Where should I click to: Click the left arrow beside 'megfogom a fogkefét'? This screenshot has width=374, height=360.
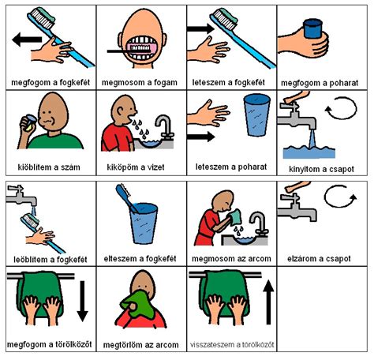27,39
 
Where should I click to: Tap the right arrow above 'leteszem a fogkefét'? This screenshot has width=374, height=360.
201,28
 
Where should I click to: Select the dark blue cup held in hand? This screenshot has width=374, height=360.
312,28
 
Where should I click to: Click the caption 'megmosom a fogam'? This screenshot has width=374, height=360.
140,83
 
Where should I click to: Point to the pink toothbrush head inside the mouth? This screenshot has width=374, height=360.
139,49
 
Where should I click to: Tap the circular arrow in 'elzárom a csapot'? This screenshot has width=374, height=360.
340,197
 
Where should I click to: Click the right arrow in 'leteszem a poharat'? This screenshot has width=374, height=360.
201,137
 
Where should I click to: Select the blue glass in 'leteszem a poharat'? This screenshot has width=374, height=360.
256,115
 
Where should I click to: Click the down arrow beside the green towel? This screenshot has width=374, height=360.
82,301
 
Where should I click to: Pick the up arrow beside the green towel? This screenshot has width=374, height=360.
268,302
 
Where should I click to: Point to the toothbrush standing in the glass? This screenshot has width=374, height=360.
127,198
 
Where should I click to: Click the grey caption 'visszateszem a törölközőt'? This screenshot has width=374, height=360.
232,344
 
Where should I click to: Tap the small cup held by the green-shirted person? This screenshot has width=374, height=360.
28,122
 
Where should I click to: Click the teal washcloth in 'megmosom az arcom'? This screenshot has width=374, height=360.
234,217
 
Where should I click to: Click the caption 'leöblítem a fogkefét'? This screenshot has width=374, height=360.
50,260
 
